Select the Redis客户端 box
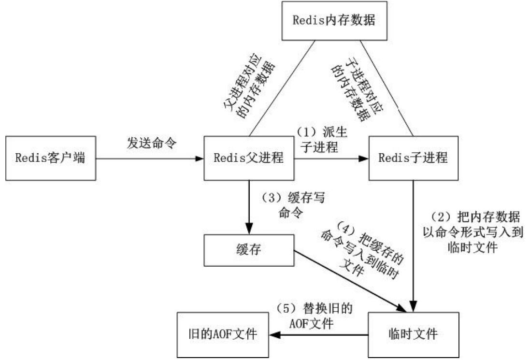[50, 158]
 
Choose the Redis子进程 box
[414, 158]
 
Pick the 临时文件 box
[414, 334]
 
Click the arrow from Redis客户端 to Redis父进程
[145, 158]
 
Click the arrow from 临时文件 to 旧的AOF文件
[319, 334]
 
